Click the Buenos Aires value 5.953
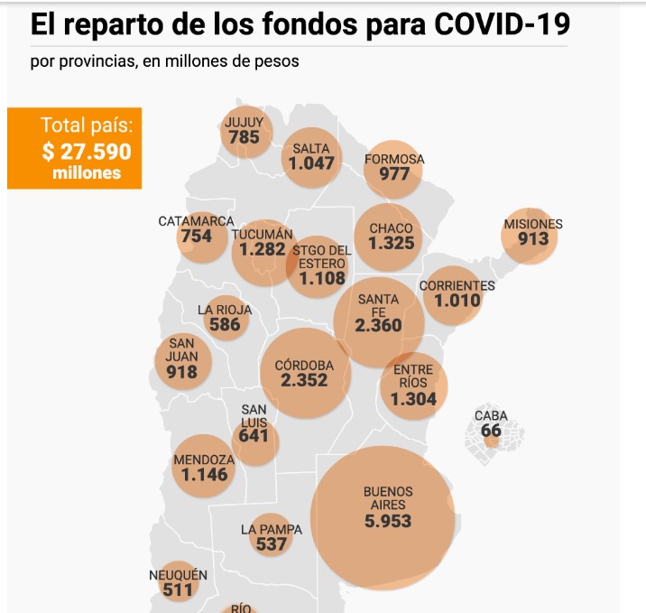388,521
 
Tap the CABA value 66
491,431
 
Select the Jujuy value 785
244,138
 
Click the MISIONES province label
533,224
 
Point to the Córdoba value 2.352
304,381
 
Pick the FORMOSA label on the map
394,160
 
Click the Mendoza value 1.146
204,474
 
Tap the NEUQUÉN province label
178,575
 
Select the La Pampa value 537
271,544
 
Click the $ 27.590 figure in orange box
87,150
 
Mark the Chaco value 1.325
391,244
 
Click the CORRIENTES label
457,286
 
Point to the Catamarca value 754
196,237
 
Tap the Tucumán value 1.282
262,249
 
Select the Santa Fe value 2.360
378,326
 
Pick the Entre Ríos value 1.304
413,399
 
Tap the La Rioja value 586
225,325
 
